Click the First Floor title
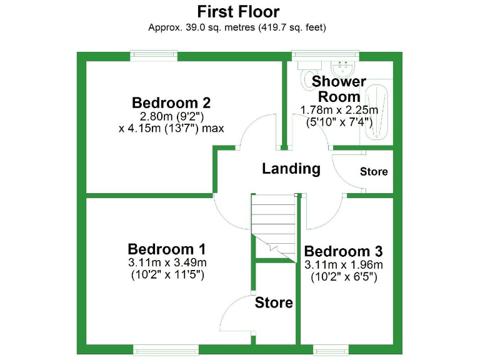pyautogui.click(x=238, y=11)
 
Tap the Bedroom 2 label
pyautogui.click(x=171, y=102)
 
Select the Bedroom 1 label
pyautogui.click(x=166, y=248)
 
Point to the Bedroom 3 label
pyautogui.click(x=343, y=251)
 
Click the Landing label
pyautogui.click(x=291, y=168)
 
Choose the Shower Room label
pyautogui.click(x=339, y=89)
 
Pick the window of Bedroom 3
pyautogui.click(x=331, y=349)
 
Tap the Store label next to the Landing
pyautogui.click(x=374, y=171)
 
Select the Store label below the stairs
pyautogui.click(x=274, y=302)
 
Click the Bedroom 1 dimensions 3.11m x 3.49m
pyautogui.click(x=167, y=262)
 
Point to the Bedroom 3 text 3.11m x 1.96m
pyautogui.click(x=343, y=264)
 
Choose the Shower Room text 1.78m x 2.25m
pyautogui.click(x=339, y=110)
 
